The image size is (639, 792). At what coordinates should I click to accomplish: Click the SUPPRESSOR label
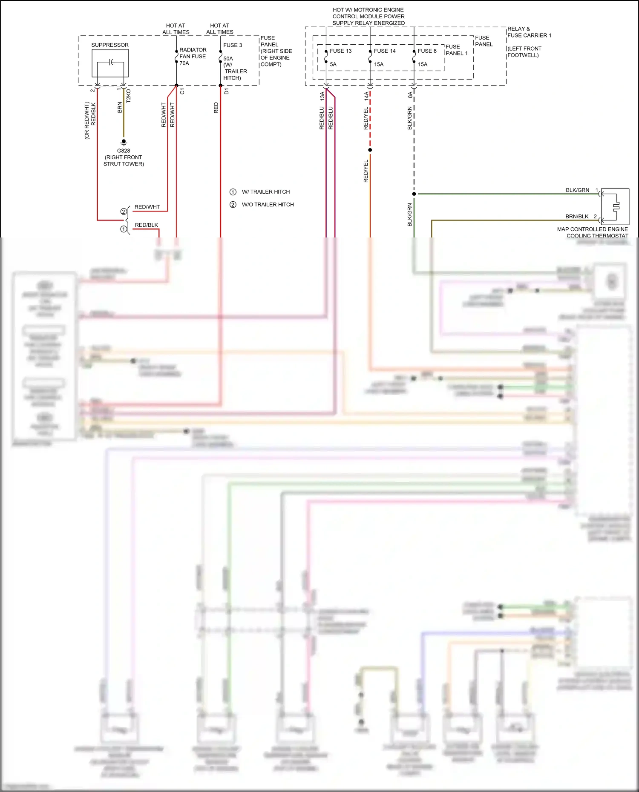point(110,45)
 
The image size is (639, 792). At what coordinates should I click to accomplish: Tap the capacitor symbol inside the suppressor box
point(111,63)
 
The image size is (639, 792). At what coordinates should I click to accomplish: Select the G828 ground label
point(124,151)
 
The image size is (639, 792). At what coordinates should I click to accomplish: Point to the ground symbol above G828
point(124,142)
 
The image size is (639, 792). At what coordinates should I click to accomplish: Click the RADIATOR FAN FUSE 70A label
point(193,57)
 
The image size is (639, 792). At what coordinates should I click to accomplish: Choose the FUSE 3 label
point(233,45)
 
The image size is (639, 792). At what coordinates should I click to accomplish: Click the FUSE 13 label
point(341,51)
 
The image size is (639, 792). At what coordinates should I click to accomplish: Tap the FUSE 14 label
point(385,51)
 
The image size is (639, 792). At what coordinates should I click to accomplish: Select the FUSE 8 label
point(427,51)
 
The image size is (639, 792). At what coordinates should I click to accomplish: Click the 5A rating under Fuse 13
point(333,65)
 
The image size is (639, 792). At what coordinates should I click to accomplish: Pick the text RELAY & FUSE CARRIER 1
point(529,32)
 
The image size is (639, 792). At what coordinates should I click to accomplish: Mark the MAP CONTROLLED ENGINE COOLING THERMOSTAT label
point(593,232)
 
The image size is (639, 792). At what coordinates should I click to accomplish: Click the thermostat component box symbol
point(615,206)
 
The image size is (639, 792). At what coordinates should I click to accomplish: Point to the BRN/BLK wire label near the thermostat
point(577,217)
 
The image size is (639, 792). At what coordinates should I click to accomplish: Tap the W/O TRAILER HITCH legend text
point(268,205)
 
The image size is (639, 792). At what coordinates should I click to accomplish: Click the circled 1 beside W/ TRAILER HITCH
point(233,192)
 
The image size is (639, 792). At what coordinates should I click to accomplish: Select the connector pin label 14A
point(366,96)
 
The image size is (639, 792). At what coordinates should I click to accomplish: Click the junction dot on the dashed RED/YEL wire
point(370,150)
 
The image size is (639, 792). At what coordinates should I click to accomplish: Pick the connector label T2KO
point(129,96)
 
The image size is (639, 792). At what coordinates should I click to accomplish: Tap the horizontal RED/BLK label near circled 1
point(147,225)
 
